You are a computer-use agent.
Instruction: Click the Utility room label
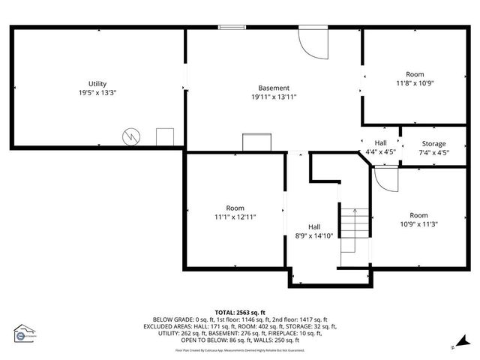tap(97, 83)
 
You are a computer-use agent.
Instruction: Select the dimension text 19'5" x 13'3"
tap(97, 92)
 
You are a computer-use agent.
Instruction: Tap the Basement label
tap(274, 88)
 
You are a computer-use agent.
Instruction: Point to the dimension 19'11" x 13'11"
tap(274, 97)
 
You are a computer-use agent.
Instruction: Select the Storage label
tap(433, 143)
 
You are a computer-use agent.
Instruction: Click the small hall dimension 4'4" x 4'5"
tap(380, 152)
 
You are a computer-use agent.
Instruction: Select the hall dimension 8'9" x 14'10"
tap(314, 235)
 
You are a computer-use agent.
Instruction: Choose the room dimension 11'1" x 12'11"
tap(235, 217)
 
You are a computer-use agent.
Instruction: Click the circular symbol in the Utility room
tap(132, 136)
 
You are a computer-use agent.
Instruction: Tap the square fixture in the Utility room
tap(165, 137)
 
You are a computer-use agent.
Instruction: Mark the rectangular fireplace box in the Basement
tap(256, 142)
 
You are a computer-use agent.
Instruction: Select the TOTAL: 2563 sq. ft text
tap(240, 313)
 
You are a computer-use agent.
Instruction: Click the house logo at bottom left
tap(25, 334)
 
